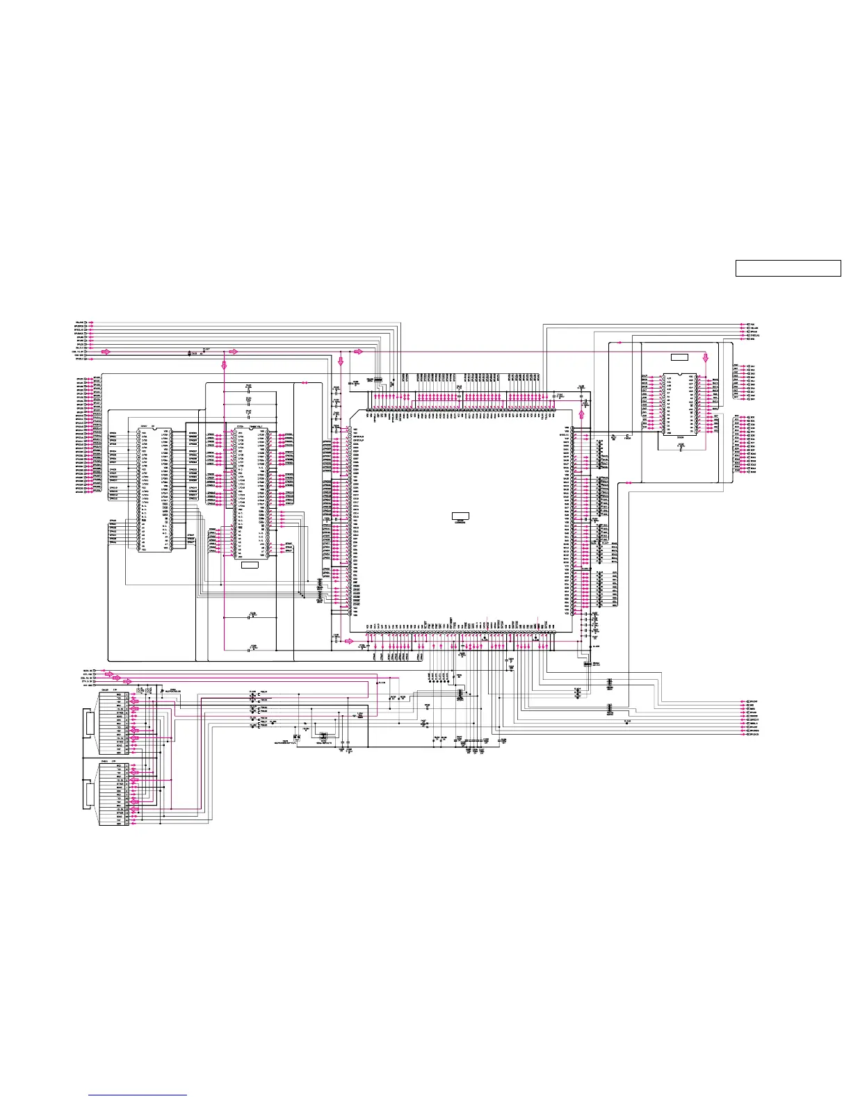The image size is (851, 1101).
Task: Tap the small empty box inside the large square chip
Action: (x=460, y=516)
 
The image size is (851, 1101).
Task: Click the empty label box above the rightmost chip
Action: (x=679, y=357)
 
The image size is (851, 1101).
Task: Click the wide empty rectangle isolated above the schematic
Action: (x=788, y=268)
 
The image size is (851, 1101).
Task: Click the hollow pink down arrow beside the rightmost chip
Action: (x=706, y=357)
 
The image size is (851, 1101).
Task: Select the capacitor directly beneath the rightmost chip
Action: (x=681, y=446)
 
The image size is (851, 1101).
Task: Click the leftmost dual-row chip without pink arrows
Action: (x=154, y=489)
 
